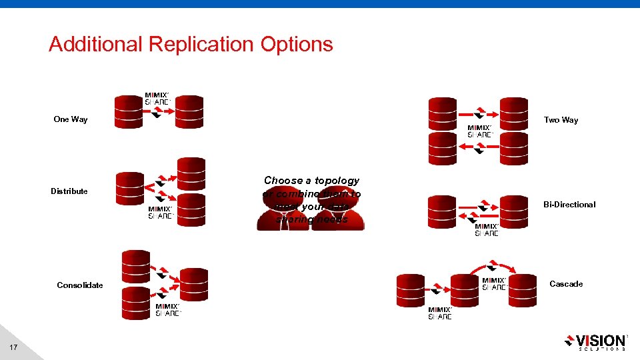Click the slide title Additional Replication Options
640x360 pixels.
(191, 45)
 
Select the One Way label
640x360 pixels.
(71, 119)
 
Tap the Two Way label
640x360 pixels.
(561, 120)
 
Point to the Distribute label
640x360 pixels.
(69, 191)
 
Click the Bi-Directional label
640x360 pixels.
(569, 205)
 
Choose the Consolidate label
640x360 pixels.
(80, 285)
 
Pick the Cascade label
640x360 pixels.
(566, 284)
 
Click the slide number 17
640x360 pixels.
(14, 347)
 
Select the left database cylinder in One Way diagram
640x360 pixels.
(129, 111)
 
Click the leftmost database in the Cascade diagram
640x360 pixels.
(411, 291)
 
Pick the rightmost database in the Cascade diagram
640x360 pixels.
(523, 291)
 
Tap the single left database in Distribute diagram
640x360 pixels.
(129, 189)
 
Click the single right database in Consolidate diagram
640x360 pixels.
(194, 285)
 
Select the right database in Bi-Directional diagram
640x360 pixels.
(513, 211)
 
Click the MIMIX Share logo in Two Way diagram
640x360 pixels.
(480, 131)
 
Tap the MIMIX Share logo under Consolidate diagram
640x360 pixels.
(168, 310)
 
